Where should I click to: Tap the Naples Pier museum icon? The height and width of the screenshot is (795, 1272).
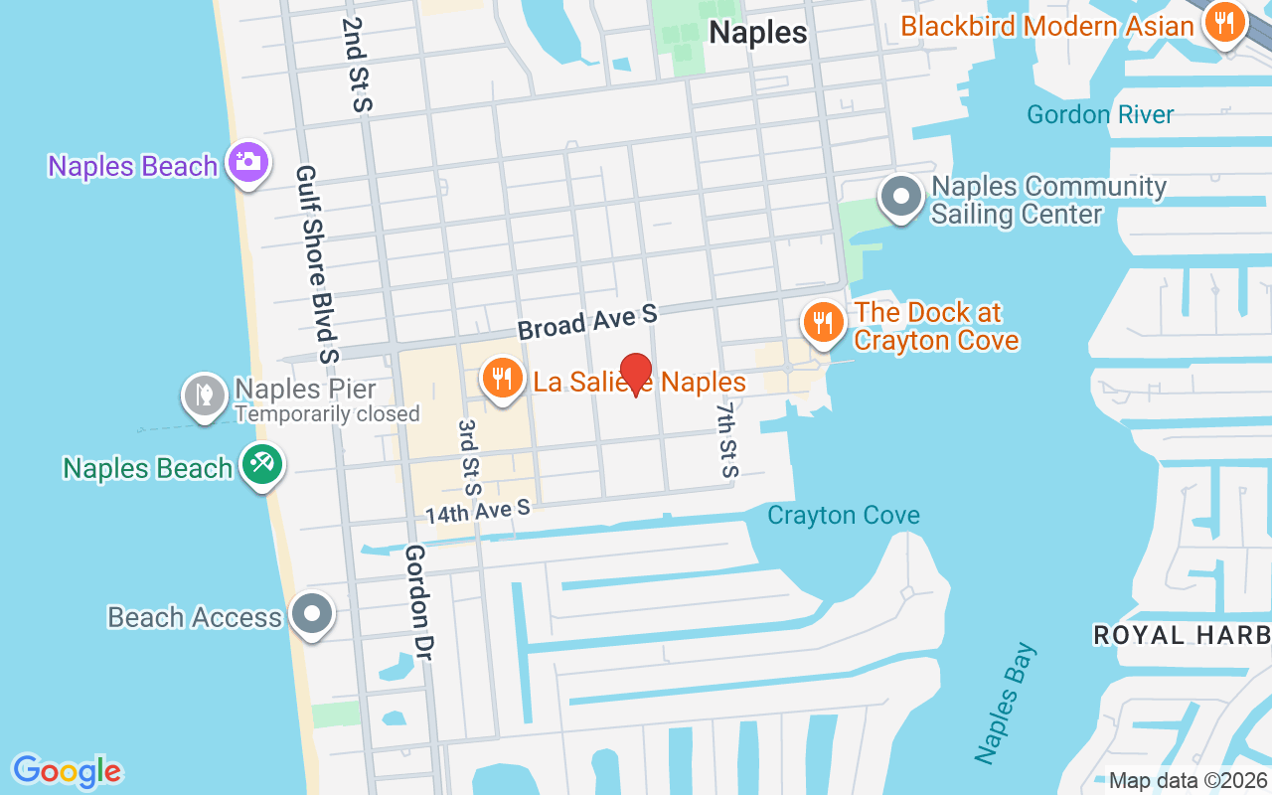205,395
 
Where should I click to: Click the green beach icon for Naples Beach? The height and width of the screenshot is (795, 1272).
261,464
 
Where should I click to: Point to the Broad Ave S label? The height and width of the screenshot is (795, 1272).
587,322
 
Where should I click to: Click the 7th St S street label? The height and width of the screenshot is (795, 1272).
728,439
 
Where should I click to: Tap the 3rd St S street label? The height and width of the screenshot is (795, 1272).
468,457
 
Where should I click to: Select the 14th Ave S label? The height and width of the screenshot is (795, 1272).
478,512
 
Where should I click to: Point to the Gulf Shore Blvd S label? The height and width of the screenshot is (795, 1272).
317,264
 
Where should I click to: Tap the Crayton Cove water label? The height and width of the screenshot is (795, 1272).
844,515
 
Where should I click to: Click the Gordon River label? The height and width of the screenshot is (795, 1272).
1100,114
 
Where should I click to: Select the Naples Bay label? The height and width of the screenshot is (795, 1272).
1005,704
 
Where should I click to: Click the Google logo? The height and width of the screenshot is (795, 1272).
67,771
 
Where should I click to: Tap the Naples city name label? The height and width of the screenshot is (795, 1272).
757,33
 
